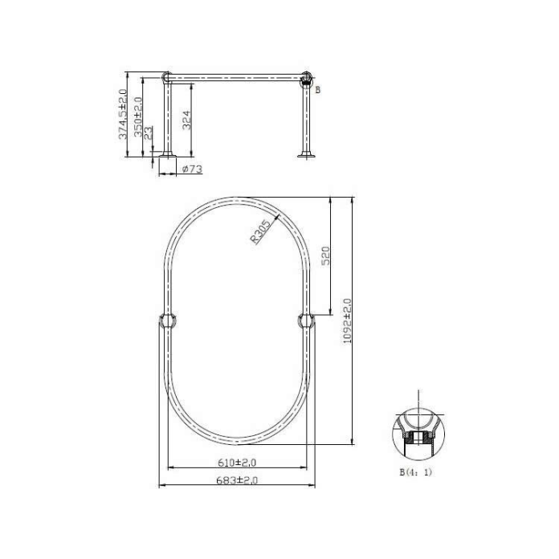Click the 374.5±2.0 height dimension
pos(123,115)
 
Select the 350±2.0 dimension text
pos(138,118)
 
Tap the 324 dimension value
pos(186,120)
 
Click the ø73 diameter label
pos(191,169)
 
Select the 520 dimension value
pos(326,256)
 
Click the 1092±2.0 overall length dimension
pos(347,321)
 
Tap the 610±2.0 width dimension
pos(237,463)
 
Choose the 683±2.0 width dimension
pos(237,479)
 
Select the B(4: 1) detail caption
pos(415,472)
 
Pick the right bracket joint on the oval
pos(307,320)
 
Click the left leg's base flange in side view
pos(167,154)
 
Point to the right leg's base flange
pos(307,154)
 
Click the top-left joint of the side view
pos(167,78)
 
